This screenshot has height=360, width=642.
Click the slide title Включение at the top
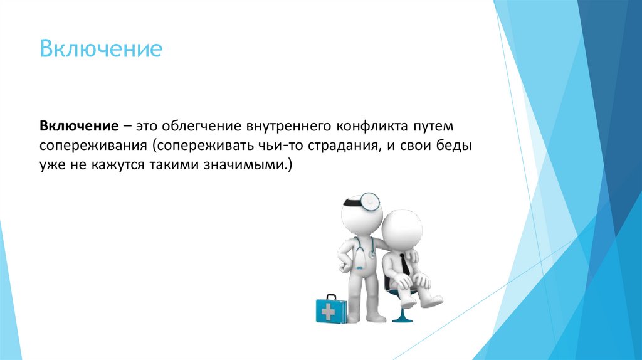coord(101,49)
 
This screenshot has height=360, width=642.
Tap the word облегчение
coord(189,125)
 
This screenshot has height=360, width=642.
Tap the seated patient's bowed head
coord(403,229)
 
